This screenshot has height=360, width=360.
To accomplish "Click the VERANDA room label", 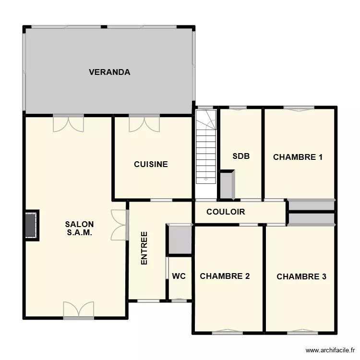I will click(109, 72).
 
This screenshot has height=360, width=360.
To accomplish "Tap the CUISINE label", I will click(151, 164).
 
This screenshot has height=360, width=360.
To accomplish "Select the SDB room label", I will click(240, 156).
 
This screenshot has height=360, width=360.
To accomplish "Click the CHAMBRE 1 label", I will click(298, 157).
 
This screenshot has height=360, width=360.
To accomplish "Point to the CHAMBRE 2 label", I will click(225, 276).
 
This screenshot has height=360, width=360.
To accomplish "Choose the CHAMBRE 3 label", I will click(301, 276).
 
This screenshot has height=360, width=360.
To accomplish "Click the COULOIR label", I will click(226, 212).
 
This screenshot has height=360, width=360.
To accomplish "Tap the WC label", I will click(179, 276).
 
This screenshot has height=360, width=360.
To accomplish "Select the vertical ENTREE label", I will click(144, 249).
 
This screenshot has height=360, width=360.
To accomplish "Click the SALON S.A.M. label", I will click(79, 228).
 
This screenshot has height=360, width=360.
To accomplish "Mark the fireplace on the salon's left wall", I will click(32, 224).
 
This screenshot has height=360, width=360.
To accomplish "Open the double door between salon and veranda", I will click(68, 123).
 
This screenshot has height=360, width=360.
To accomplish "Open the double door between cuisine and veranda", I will click(144, 123).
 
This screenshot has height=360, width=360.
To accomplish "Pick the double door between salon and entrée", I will click(119, 225).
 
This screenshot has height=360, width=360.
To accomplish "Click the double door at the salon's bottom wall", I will click(78, 310).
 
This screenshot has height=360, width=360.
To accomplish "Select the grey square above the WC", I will click(180, 239).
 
